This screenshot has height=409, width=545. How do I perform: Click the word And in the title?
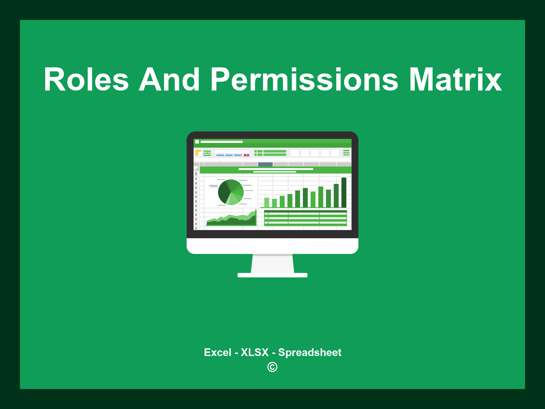coord(169,80)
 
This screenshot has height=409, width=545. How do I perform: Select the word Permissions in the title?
coord(304,80)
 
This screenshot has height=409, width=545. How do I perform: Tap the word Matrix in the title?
coord(455,80)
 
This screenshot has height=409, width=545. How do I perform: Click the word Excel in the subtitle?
coord(217,352)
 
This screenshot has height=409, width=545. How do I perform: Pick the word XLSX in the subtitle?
coord(255,352)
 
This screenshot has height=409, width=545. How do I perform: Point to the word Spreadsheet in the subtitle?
coord(309,352)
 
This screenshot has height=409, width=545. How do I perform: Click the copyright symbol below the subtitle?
coord(272,367)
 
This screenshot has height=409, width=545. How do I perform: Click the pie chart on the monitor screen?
coord(231,192)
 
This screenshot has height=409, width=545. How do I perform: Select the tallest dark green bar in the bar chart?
coord(344,192)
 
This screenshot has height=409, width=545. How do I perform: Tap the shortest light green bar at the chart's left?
coord(267,202)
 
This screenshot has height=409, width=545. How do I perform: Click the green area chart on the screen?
coord(232,220)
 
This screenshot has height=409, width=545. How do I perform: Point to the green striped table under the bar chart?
coord(305,218)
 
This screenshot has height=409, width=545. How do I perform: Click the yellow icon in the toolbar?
coord(198,153)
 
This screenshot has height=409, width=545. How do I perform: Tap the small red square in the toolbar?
coord(245,155)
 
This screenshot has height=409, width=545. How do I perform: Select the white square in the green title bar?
coord(197,142)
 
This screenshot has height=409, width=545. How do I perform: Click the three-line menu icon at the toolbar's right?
coord(346,153)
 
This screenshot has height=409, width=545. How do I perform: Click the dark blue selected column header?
coord(265,164)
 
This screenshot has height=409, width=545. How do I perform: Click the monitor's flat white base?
coord(272,275)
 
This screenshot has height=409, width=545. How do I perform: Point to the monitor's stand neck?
coord(272,264)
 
